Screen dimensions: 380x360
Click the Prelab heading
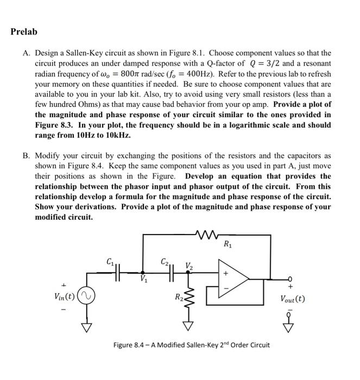pos(24,32)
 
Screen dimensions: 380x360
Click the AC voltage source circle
pos(86,297)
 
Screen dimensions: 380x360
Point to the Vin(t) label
pos(65,296)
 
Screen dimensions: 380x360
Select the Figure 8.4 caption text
pos(191,345)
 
